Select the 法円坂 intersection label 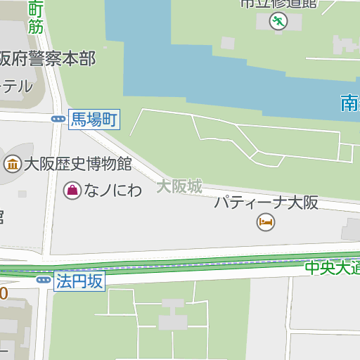pyautogui.click(x=80, y=282)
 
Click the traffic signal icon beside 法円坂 pyautogui.click(x=44, y=281)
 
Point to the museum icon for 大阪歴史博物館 pyautogui.click(x=12, y=165)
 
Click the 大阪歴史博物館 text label pyautogui.click(x=78, y=165)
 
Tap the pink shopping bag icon pyautogui.click(x=72, y=189)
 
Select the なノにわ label pyautogui.click(x=113, y=190)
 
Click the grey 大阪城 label pyautogui.click(x=179, y=186)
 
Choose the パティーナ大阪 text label pyautogui.click(x=266, y=203)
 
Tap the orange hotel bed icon pyautogui.click(x=266, y=223)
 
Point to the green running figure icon pyautogui.click(x=278, y=21)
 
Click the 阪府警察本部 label pyautogui.click(x=48, y=58)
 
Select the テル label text pyautogui.click(x=16, y=86)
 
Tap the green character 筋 pyautogui.click(x=35, y=27)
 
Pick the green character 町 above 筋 pyautogui.click(x=36, y=9)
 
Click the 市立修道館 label pyautogui.click(x=278, y=4)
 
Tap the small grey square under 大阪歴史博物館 pyautogui.click(x=22, y=193)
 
